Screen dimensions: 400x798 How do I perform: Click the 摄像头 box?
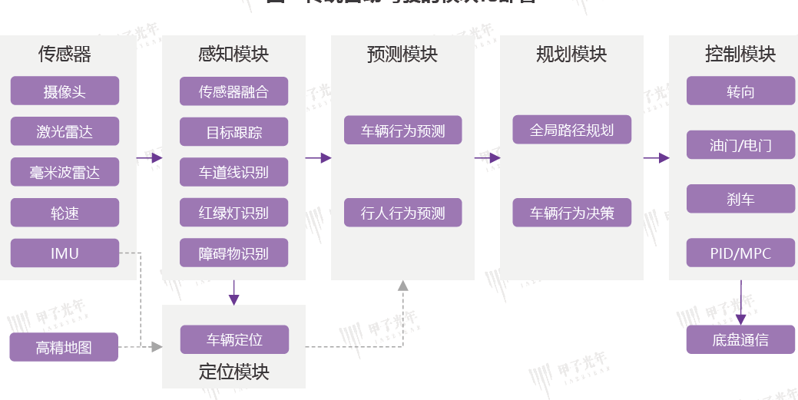tap(65, 91)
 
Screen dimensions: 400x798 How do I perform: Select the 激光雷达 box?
tap(65, 131)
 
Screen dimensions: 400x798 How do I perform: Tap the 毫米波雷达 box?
tap(65, 172)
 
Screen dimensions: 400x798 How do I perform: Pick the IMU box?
tap(65, 253)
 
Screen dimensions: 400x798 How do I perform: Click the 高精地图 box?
tap(64, 347)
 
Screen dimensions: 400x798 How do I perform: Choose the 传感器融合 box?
tap(233, 91)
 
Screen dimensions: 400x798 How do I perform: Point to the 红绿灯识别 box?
tap(233, 213)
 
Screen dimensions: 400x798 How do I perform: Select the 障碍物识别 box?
tap(233, 253)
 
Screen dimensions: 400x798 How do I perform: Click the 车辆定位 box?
tap(234, 339)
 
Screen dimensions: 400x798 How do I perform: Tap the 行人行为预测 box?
tap(402, 213)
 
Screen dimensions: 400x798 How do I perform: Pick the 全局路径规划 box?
tap(571, 129)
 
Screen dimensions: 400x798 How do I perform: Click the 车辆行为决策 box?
tap(571, 213)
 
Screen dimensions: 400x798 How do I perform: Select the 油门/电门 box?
tap(740, 144)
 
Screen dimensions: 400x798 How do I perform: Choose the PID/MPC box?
tap(740, 253)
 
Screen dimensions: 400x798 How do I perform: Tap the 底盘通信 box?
tap(740, 339)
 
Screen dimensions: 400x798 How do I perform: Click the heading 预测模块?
tap(402, 55)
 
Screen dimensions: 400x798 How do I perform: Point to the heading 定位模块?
tap(233, 372)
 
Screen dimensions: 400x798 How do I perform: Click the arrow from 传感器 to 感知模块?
tap(149, 158)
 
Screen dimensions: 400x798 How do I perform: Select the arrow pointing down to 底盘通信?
tap(740, 302)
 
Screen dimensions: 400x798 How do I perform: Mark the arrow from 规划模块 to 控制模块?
tap(656, 158)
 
